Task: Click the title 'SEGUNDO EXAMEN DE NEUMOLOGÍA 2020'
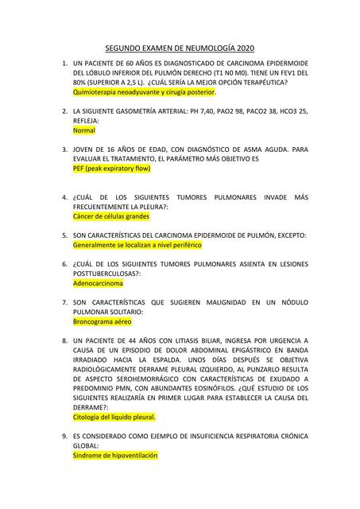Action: coord(180,49)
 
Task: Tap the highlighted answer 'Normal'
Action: coord(83,130)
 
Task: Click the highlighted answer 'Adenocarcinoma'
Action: coord(98,282)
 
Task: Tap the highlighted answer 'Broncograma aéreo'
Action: coord(102,322)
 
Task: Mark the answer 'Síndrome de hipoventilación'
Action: coord(114,456)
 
